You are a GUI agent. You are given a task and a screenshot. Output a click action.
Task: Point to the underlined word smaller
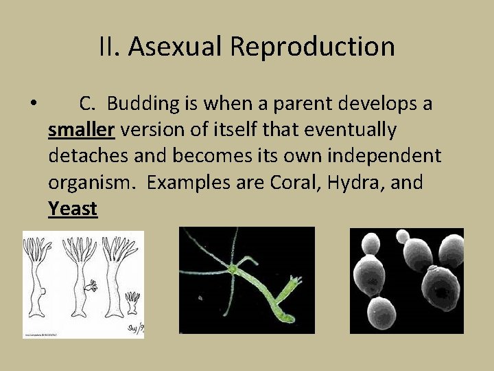click(81, 130)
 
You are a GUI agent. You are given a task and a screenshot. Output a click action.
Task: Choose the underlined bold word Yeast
click(73, 208)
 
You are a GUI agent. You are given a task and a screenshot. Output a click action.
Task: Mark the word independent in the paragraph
click(384, 156)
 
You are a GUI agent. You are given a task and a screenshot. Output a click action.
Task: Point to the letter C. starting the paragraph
click(88, 104)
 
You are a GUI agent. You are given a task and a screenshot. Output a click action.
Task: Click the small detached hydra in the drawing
click(132, 302)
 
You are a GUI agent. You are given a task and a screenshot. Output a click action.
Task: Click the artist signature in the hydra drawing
click(135, 330)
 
